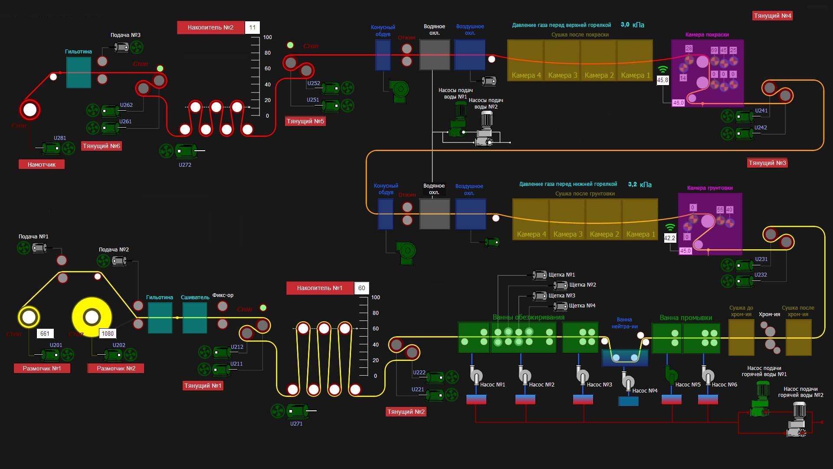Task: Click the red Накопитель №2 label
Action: (210, 27)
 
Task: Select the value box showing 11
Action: (252, 27)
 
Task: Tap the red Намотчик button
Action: (42, 165)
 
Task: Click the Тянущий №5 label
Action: (305, 121)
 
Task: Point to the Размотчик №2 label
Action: (116, 368)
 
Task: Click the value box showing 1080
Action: (108, 334)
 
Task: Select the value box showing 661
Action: (45, 334)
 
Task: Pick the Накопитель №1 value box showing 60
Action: (361, 288)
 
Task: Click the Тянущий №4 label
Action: (772, 16)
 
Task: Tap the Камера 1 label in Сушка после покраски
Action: (635, 75)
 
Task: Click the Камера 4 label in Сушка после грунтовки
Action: (531, 234)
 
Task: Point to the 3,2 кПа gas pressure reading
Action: (640, 184)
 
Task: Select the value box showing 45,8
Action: (662, 80)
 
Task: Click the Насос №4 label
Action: (645, 390)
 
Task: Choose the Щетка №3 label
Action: (562, 295)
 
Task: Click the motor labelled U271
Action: (297, 411)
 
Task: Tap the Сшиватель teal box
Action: (194, 318)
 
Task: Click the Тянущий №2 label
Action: (406, 412)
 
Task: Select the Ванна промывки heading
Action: (685, 317)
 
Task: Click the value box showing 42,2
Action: (669, 238)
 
